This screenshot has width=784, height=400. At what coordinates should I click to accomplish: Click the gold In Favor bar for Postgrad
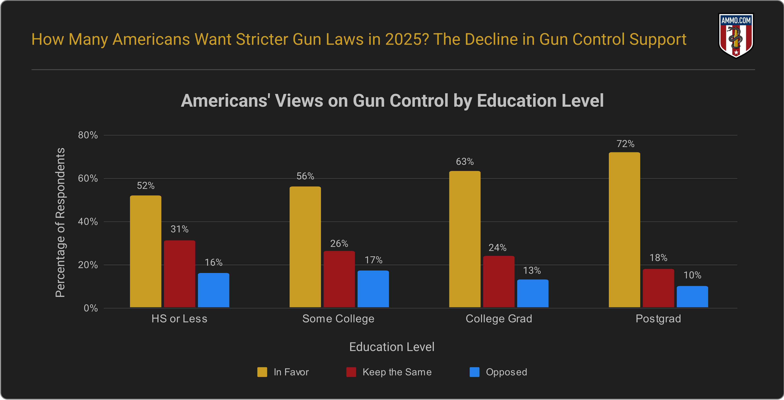click(x=624, y=230)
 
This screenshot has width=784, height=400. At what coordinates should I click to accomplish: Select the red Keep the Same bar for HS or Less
click(x=179, y=274)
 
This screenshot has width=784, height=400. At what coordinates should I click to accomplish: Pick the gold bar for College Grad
click(x=465, y=239)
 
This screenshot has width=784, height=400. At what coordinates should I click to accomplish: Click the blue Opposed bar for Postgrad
click(x=692, y=297)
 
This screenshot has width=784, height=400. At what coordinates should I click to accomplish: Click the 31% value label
click(x=179, y=229)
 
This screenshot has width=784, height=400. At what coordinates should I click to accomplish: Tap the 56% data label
click(x=305, y=176)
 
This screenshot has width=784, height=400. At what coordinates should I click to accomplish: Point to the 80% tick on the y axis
click(x=88, y=135)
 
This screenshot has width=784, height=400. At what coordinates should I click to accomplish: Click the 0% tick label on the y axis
click(x=91, y=308)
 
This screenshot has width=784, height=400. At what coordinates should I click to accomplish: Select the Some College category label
click(x=338, y=319)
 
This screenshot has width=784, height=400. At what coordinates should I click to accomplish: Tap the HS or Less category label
click(x=179, y=319)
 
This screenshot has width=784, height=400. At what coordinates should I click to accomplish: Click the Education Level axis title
click(x=392, y=347)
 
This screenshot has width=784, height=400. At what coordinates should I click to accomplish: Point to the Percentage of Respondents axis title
click(x=60, y=222)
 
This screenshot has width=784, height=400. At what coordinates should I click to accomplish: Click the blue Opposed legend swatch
click(x=474, y=372)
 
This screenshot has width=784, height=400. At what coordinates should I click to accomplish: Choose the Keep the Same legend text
click(x=397, y=372)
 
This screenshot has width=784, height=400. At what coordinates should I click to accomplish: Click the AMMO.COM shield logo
click(x=736, y=36)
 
